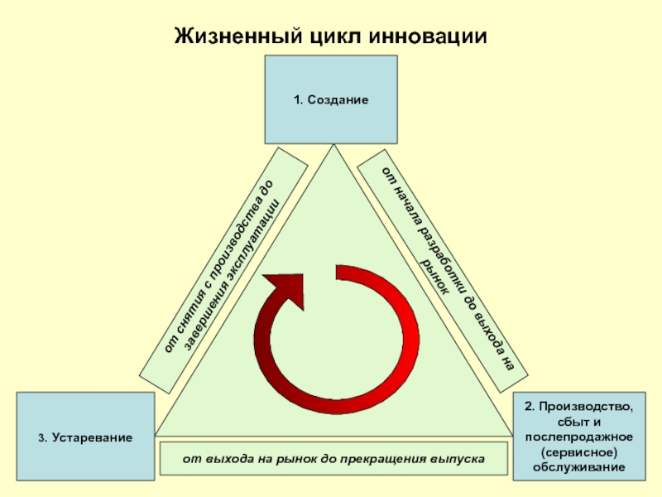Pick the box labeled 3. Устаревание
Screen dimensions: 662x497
coord(85,437)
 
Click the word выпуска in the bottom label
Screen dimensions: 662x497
coord(456,458)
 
